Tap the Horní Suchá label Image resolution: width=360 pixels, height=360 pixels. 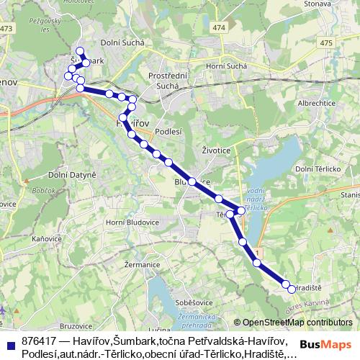click(x=227, y=67)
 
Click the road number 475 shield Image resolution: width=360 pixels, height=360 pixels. click(x=326, y=43)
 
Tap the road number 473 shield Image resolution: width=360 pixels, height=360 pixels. click(x=7, y=28)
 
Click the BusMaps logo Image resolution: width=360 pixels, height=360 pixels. click(x=325, y=345)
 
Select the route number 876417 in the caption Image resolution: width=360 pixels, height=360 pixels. click(x=40, y=340)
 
